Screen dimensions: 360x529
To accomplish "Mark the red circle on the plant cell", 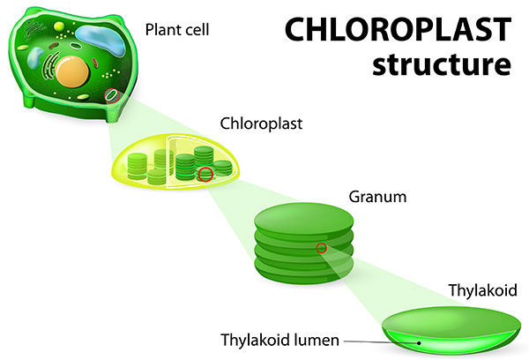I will (109, 93).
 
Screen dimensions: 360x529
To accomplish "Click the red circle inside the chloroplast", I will (205, 174).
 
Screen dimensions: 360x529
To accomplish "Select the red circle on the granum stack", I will (321, 247).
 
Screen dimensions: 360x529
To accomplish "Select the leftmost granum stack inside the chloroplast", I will (137, 165).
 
